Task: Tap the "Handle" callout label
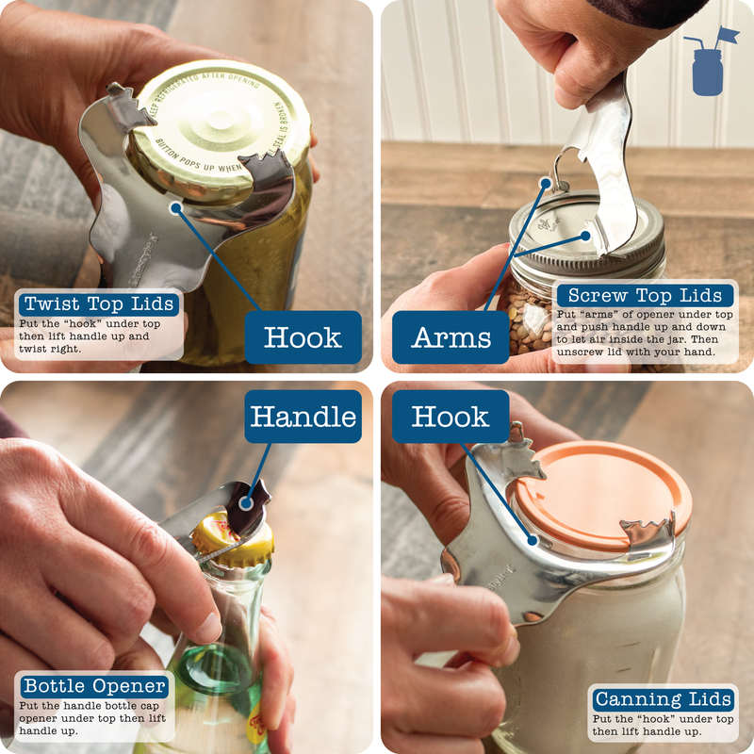click(303, 417)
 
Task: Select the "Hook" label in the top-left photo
click(303, 337)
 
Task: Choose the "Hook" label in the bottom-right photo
click(451, 417)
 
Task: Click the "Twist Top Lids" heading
click(99, 303)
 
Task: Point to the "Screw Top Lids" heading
click(644, 295)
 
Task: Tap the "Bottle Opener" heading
click(94, 685)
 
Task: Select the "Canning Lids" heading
click(664, 698)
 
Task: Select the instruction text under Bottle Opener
click(94, 717)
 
